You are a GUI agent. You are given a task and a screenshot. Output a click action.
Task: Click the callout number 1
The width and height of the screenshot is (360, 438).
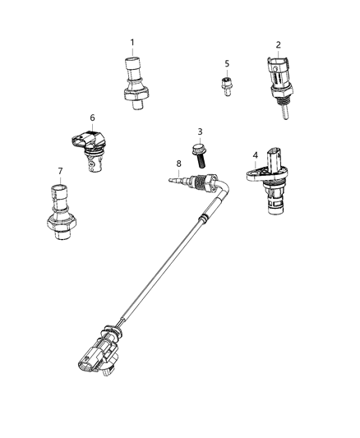132,42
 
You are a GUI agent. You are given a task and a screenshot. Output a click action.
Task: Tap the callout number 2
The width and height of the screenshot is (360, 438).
279,45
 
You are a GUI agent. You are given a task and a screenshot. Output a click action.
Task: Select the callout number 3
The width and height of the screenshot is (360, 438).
198,131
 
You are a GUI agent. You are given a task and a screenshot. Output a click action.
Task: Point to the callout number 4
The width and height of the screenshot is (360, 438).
255,154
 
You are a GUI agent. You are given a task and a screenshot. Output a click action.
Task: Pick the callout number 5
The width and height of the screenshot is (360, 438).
227,63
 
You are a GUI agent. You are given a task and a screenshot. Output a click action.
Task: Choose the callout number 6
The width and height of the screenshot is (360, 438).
92,118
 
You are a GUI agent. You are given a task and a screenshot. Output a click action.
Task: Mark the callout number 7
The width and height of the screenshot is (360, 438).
60,170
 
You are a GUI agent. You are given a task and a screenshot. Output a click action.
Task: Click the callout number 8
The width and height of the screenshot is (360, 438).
178,163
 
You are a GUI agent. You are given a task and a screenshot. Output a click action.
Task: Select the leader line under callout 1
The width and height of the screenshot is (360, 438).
132,52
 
